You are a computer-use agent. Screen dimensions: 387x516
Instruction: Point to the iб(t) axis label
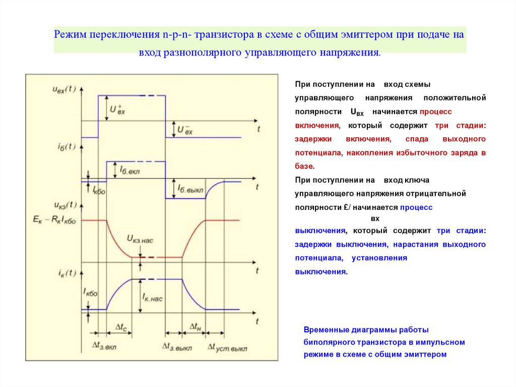63,146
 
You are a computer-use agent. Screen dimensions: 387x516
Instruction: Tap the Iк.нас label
152,298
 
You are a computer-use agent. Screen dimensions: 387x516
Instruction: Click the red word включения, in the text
318,125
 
